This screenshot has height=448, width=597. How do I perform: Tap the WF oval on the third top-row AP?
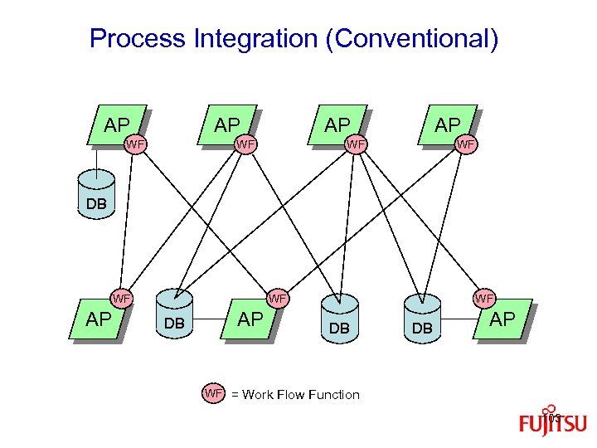pos(356,146)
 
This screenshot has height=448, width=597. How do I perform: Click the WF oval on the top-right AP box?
pos(467,146)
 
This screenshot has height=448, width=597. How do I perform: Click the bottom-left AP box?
pos(99,320)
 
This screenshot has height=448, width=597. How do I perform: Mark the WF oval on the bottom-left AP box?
pos(122,298)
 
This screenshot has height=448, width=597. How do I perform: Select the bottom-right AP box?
pos(502,320)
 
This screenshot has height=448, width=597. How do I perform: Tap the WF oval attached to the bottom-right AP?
pos(484,298)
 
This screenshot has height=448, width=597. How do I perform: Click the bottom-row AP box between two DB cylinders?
pos(250,320)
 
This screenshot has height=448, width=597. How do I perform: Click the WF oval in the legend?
pos(214,393)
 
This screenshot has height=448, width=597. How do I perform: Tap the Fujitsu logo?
pos(552,421)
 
